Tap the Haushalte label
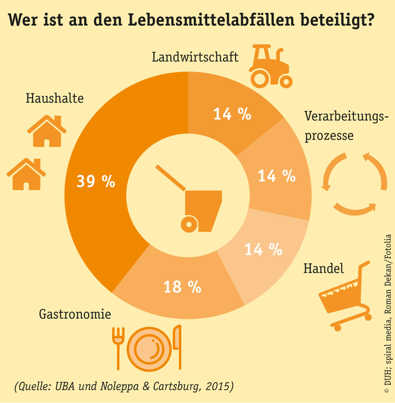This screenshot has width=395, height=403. click(54, 98)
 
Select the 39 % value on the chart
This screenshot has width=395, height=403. click(96, 182)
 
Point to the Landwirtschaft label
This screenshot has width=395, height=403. click(195, 57)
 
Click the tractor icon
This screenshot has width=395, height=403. click(270, 67)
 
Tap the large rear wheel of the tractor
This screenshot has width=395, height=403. click(260, 78)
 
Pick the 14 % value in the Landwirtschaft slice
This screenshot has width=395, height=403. click(232, 114)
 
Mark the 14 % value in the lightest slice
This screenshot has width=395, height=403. click(263, 249)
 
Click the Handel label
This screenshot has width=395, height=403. click(323, 269)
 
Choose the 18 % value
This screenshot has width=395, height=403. click(182, 286)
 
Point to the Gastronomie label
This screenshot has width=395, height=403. click(75, 314)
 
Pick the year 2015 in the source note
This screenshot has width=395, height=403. click(217, 386)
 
